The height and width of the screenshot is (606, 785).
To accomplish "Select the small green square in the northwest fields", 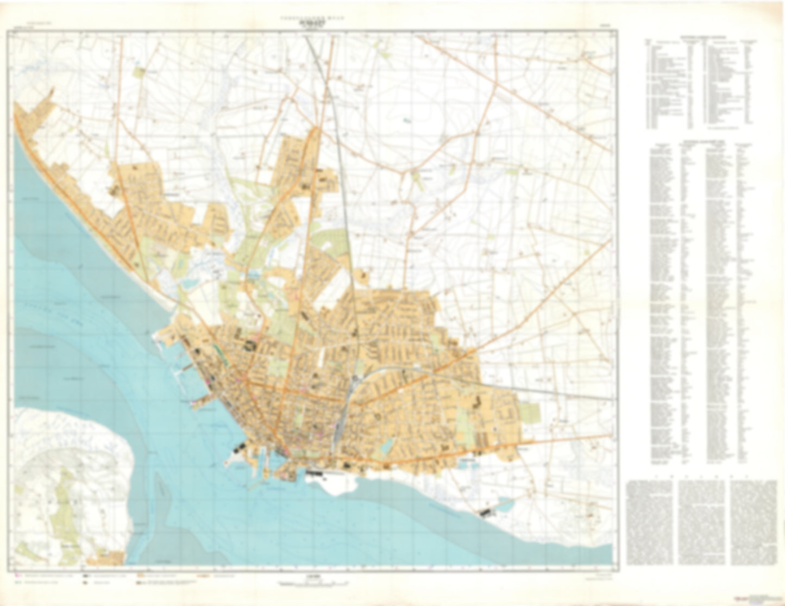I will click(141, 72).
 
